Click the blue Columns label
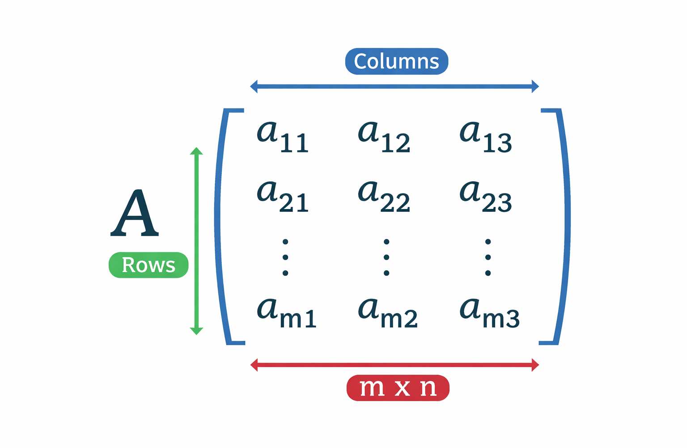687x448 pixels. tap(396, 61)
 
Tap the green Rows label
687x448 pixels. tap(148, 265)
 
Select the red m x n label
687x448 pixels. tap(398, 388)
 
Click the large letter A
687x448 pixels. tap(135, 213)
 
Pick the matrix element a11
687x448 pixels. tap(283, 136)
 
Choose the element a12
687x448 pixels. tap(384, 136)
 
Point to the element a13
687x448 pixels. tap(485, 136)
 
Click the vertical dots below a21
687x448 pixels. tap(285, 257)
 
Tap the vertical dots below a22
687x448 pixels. tap(386, 257)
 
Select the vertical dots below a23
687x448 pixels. tap(488, 257)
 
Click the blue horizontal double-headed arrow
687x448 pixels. tap(394, 86)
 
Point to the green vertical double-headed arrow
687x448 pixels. tap(196, 241)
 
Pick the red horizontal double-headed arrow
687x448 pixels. tap(394, 365)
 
